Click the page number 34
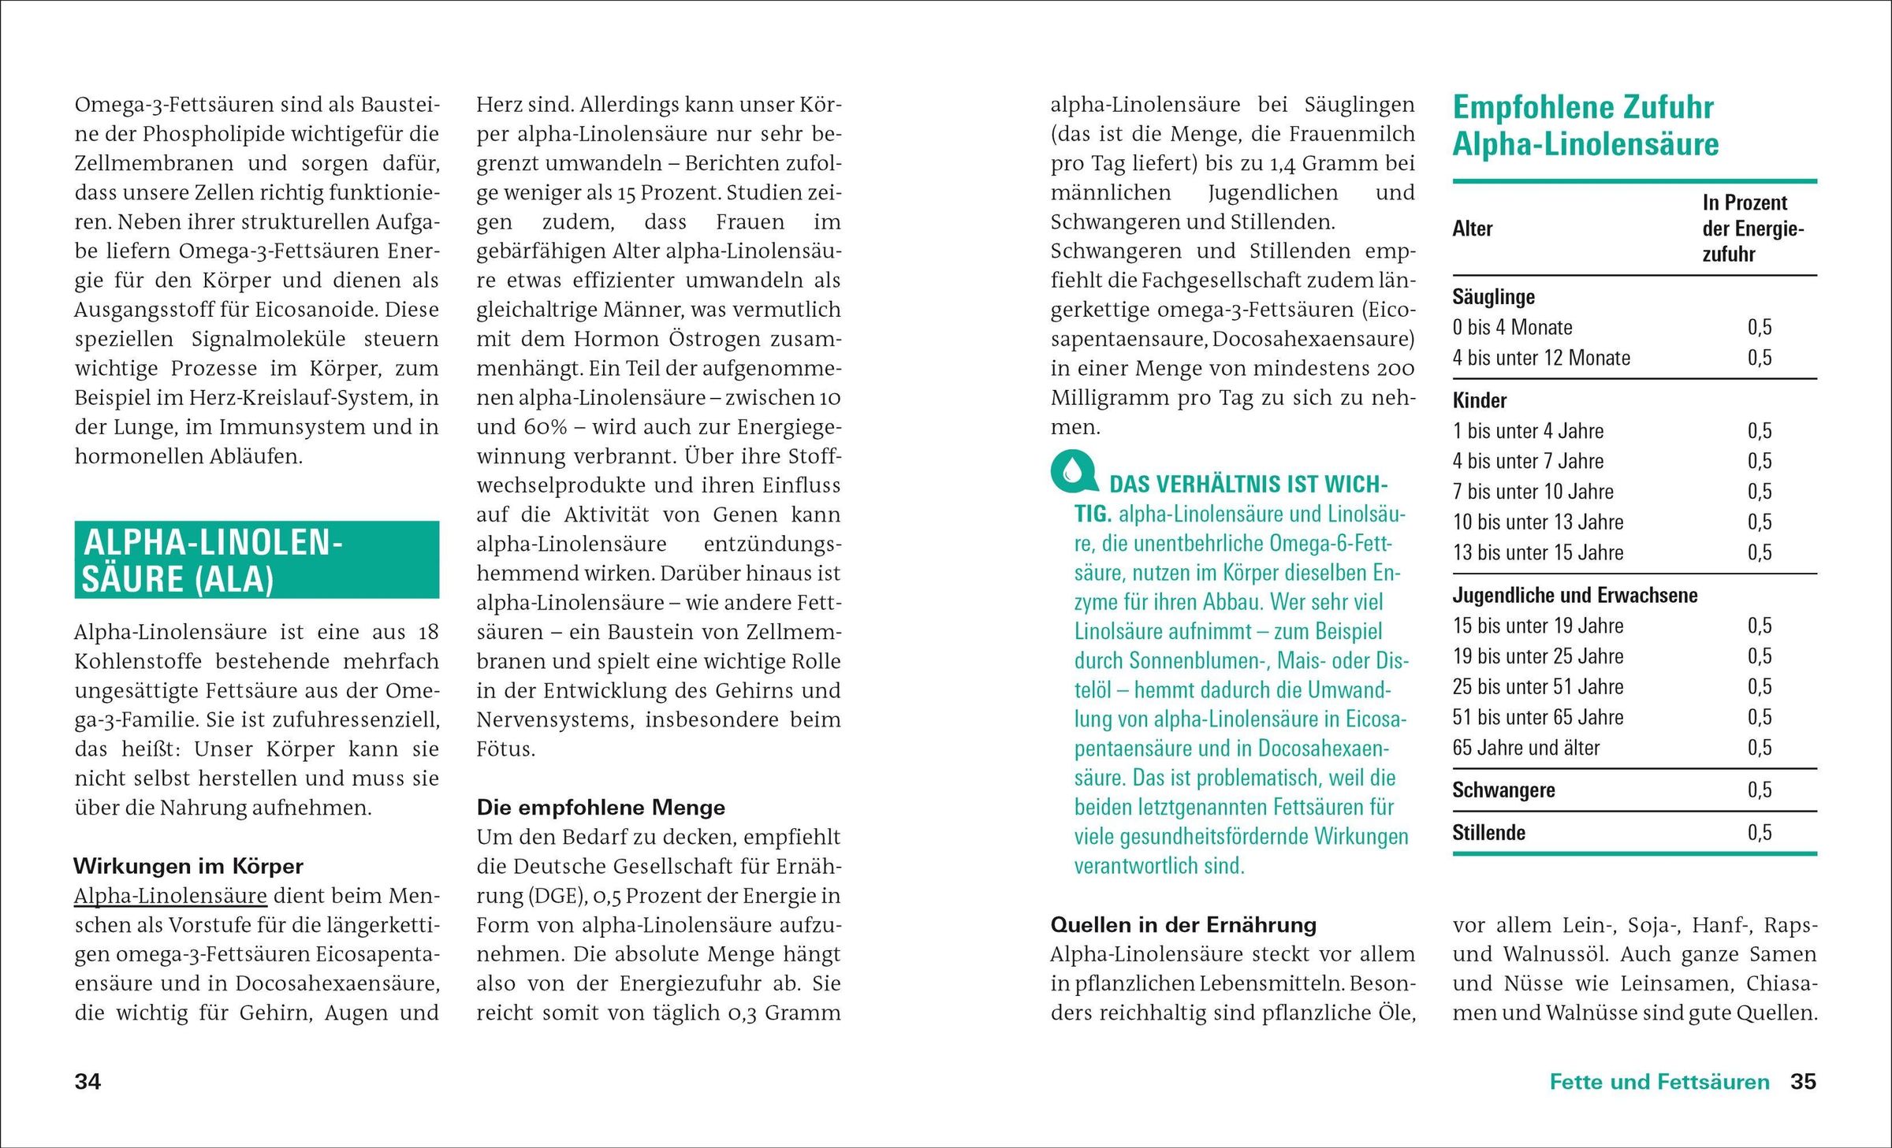tap(88, 1082)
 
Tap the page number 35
tap(1803, 1082)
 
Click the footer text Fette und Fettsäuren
tap(1659, 1082)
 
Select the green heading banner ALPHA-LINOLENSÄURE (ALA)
tap(256, 560)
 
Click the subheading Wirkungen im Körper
tap(188, 867)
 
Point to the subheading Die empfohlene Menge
tap(601, 808)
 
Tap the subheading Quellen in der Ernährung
tap(1183, 925)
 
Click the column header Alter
tap(1473, 229)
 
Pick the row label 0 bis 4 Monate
tap(1512, 328)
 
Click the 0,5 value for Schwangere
tap(1759, 790)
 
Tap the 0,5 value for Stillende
tap(1759, 833)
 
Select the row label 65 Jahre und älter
tap(1526, 748)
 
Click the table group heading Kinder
tap(1480, 401)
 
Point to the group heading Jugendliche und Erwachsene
tap(1575, 596)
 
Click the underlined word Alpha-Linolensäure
tap(170, 896)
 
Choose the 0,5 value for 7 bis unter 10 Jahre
tap(1759, 492)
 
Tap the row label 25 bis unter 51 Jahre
tap(1538, 687)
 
